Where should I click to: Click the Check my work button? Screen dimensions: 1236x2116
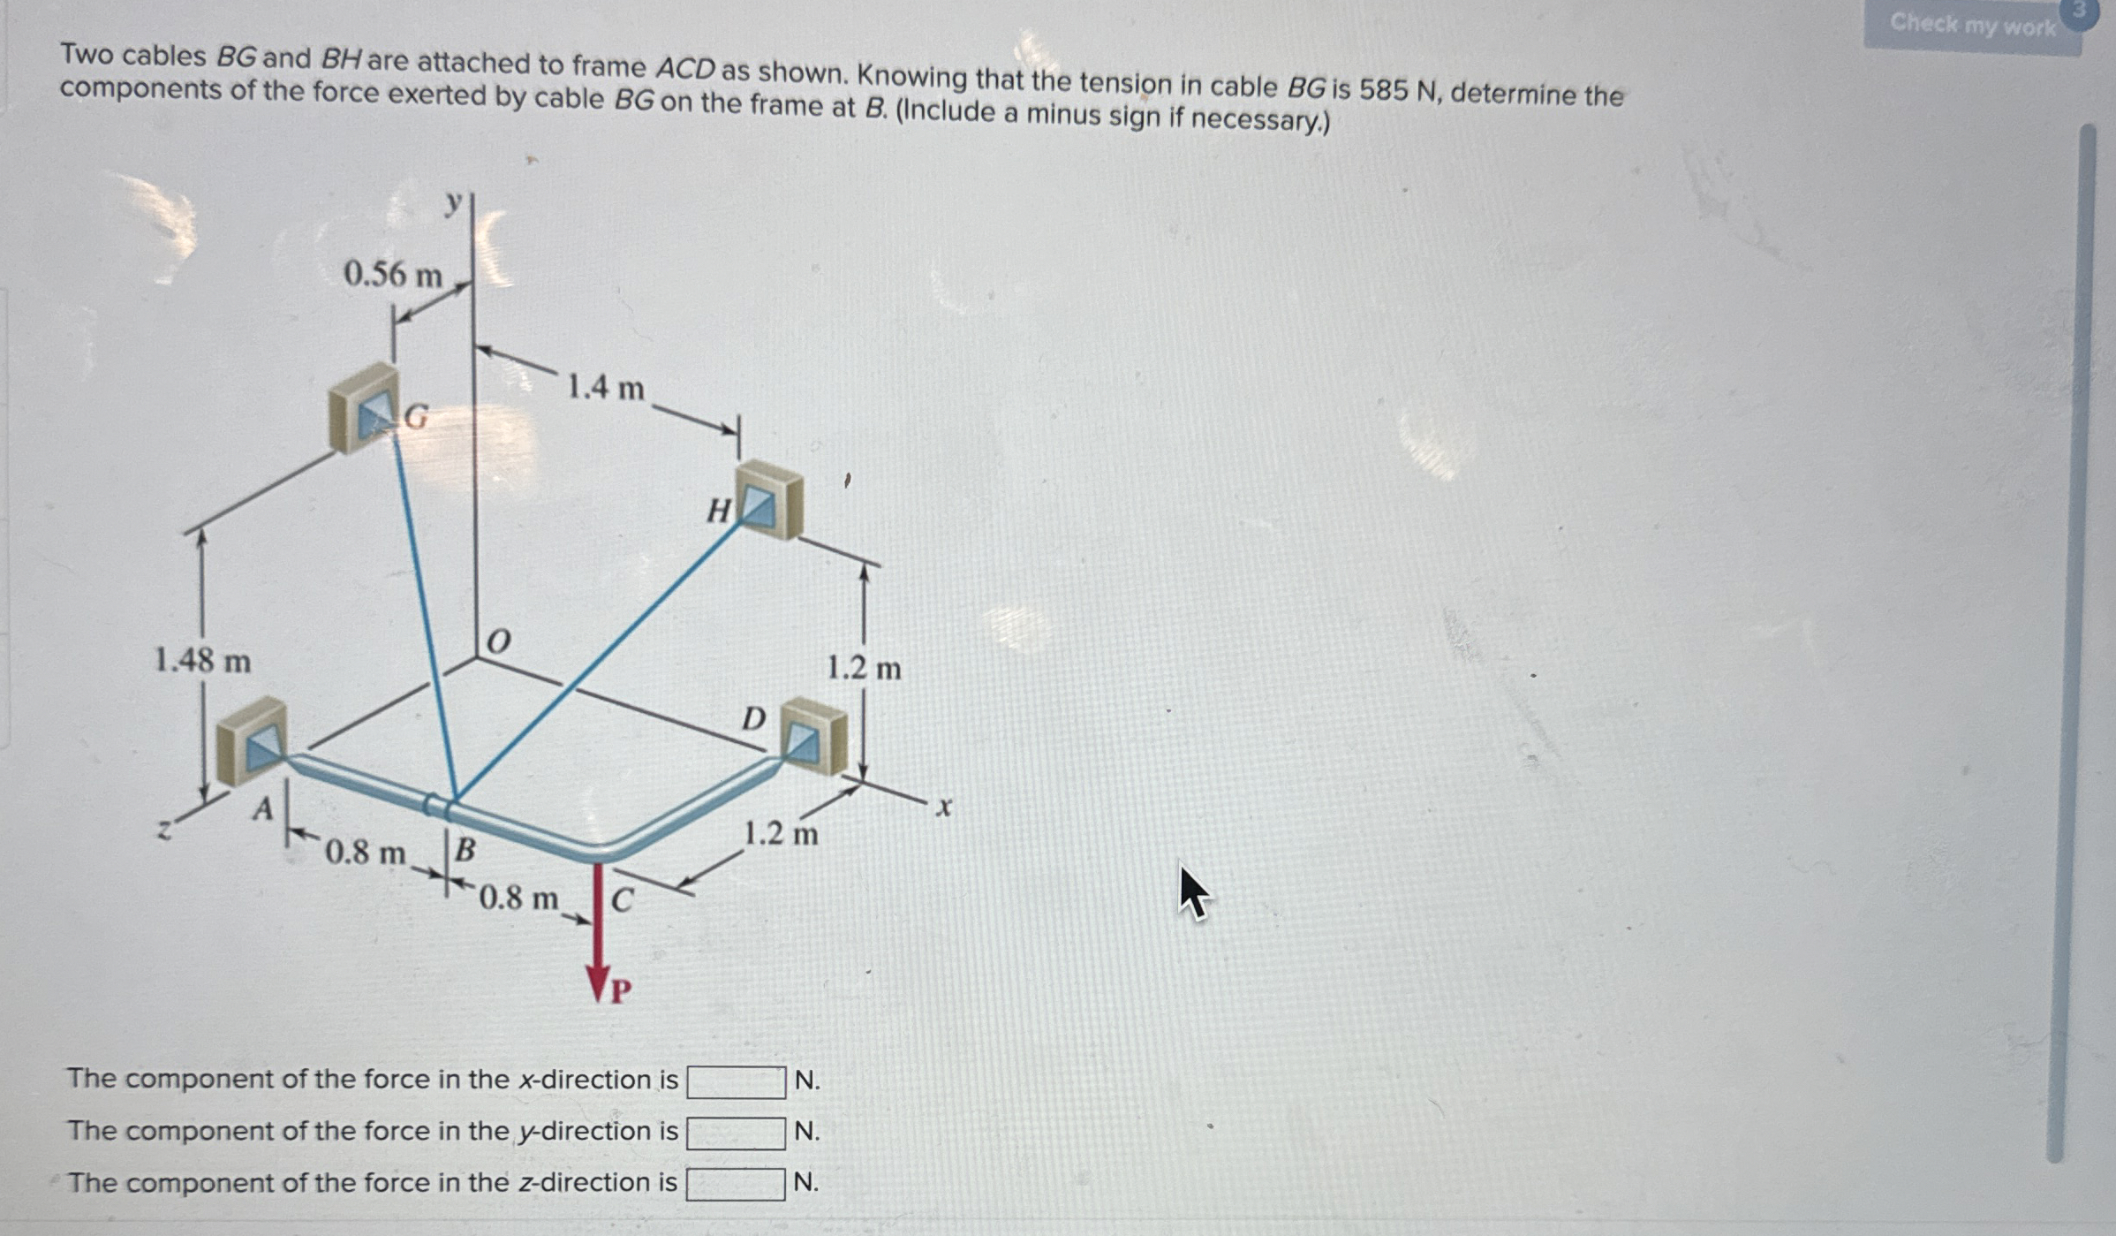[1971, 25]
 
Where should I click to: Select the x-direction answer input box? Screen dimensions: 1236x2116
[736, 1081]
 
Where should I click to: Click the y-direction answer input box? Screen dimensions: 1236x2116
[736, 1133]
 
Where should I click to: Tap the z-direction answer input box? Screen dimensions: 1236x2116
[736, 1184]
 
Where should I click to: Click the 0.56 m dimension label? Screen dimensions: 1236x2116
[392, 275]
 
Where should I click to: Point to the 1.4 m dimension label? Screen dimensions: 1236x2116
[605, 387]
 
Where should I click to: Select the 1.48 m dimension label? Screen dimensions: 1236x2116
[202, 660]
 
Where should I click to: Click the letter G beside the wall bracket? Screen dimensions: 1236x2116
[416, 415]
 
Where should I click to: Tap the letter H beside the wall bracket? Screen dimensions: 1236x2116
[719, 510]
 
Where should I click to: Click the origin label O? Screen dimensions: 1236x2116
[499, 641]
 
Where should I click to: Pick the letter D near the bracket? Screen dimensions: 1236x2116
[753, 718]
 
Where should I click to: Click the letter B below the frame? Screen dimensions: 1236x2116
[465, 850]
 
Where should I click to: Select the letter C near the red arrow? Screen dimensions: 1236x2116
[622, 900]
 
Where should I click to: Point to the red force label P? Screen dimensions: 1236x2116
[621, 991]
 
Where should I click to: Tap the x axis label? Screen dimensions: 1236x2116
[944, 807]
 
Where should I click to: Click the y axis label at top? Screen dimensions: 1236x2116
[453, 203]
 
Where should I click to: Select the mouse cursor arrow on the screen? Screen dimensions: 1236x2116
[1193, 891]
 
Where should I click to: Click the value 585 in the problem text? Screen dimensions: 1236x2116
[1384, 90]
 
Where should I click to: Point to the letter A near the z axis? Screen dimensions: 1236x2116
[262, 808]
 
